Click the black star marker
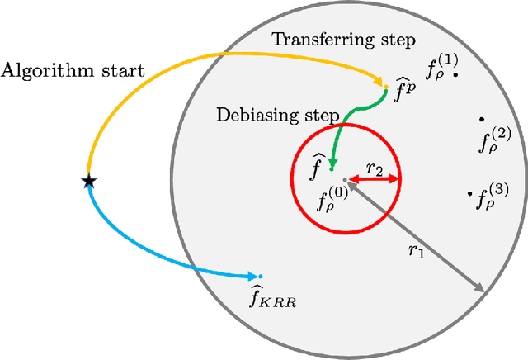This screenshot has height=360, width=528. pyautogui.click(x=88, y=182)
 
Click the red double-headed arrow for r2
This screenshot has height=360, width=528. pyautogui.click(x=372, y=178)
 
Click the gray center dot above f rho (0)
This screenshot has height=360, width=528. pyautogui.click(x=345, y=179)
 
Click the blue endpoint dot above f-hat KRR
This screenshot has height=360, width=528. pyautogui.click(x=259, y=276)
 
